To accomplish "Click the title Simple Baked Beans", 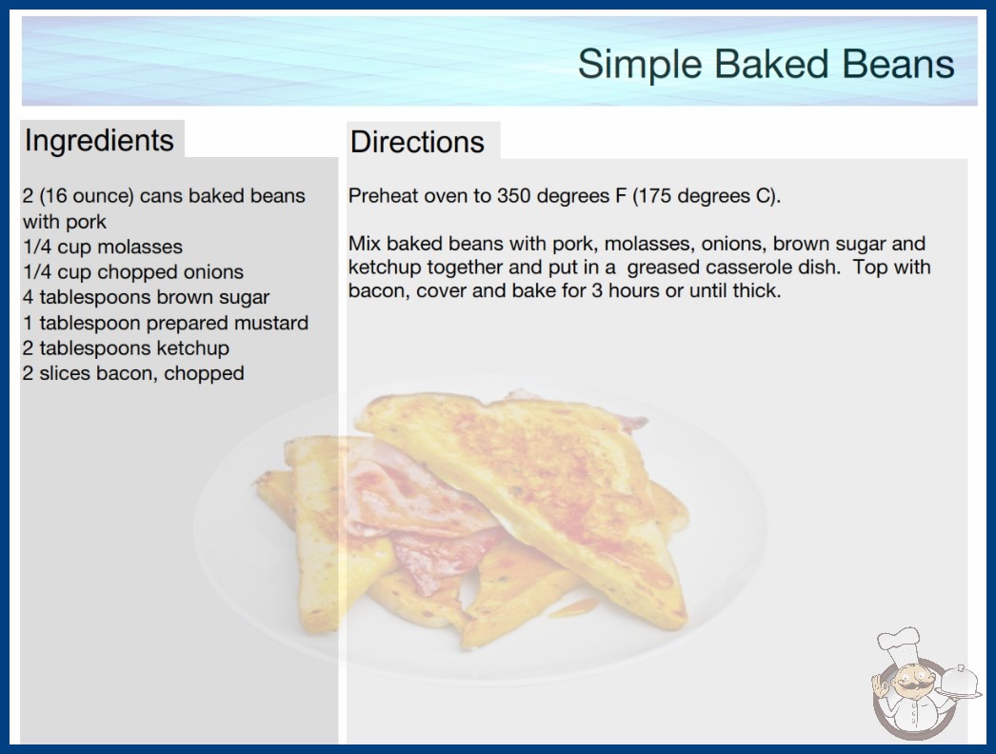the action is (767, 64).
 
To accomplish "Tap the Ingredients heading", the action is (99, 141).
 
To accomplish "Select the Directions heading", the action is (417, 142).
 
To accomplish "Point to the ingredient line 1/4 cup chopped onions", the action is (133, 272).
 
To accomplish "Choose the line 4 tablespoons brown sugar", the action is (146, 297).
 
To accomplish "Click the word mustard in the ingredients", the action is (271, 323).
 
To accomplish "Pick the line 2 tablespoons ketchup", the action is (126, 348).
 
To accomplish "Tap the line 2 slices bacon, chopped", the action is (133, 373).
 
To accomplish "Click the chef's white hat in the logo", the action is (898, 642).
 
